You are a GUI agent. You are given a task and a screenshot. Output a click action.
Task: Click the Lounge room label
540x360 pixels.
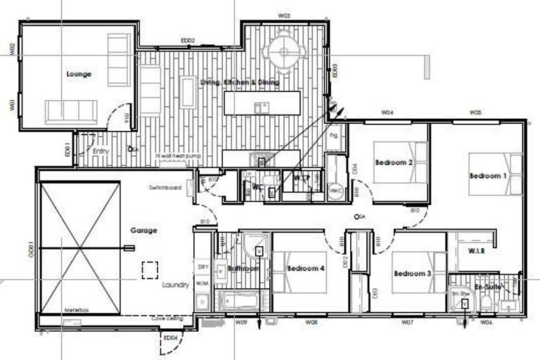(79, 74)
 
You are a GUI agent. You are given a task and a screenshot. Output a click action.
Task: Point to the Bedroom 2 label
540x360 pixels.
(393, 162)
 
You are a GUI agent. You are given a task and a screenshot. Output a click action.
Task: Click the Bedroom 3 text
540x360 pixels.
(412, 273)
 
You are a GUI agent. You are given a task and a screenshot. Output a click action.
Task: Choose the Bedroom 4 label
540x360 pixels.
(305, 268)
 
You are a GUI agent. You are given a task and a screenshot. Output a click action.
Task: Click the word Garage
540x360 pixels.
(143, 230)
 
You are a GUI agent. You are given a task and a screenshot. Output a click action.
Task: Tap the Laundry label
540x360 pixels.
(175, 285)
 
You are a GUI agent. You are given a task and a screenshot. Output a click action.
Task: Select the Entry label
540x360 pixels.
(101, 150)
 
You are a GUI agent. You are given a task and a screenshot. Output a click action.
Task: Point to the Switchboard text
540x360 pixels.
(165, 188)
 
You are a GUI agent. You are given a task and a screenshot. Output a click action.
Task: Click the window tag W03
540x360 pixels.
(284, 15)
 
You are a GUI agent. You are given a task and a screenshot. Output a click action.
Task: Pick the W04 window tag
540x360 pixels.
(387, 112)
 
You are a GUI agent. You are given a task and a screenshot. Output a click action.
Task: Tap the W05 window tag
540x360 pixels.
(475, 112)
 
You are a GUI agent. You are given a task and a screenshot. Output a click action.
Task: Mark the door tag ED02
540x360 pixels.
(188, 41)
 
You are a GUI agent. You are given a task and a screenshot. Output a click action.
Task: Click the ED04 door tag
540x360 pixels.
(170, 338)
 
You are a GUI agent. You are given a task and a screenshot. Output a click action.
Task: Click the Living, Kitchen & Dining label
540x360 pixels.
(239, 82)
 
